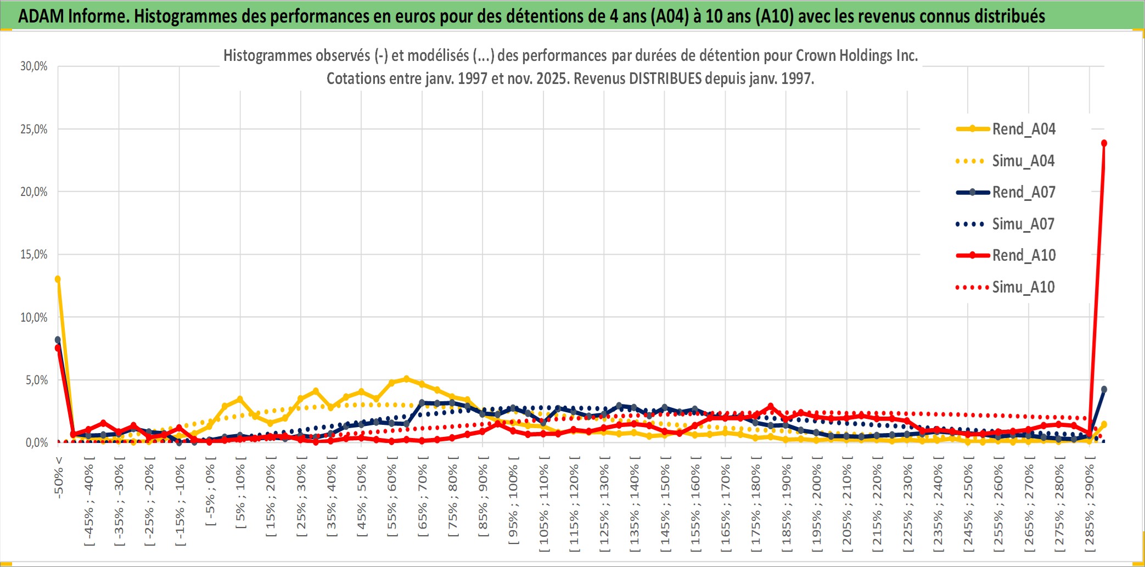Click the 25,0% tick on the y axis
tap(34, 130)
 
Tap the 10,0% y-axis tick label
tap(34, 317)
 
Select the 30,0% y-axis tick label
tap(34, 66)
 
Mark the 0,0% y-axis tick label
tap(36, 442)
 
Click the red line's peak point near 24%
tap(1104, 143)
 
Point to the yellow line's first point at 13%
tap(58, 279)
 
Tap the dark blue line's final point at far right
tap(1104, 389)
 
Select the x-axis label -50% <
tap(59, 478)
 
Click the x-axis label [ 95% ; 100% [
tap(513, 504)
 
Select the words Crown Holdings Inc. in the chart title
tap(856, 55)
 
